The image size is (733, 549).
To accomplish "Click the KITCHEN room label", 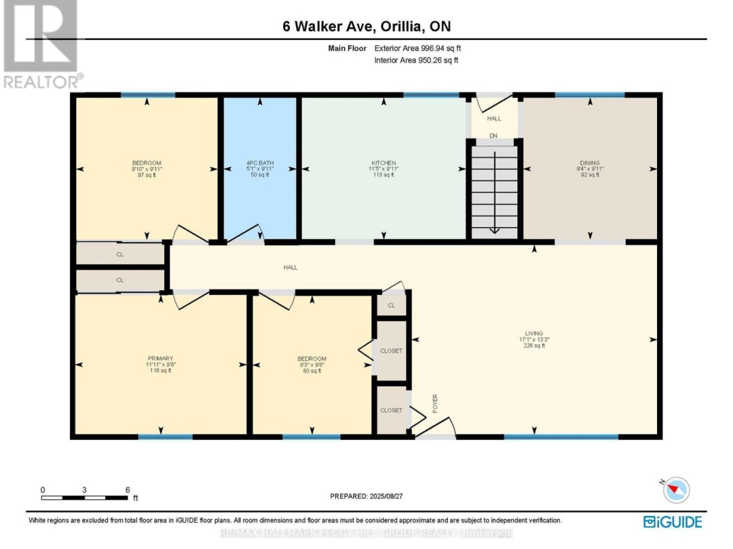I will tap(383, 163).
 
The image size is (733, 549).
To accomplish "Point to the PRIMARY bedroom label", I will tap(161, 359).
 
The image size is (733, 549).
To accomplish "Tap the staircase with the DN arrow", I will tap(494, 193).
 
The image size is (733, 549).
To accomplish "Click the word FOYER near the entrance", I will tap(435, 404).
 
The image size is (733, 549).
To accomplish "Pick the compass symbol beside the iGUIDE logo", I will tap(675, 489).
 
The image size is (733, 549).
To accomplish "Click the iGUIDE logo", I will tap(672, 521).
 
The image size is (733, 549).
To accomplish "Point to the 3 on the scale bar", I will tap(85, 489).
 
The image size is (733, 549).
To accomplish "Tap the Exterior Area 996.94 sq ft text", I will tap(417, 49).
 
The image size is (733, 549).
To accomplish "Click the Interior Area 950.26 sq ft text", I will tap(417, 60).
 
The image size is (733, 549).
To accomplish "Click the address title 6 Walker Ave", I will tap(366, 27).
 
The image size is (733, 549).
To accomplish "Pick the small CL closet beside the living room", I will tap(392, 305).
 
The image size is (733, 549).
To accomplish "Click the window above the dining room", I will tap(589, 96).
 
